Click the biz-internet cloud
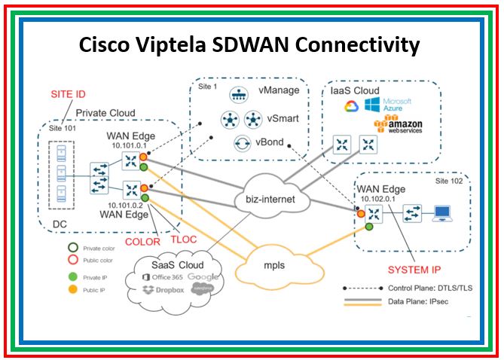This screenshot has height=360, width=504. tap(270, 200)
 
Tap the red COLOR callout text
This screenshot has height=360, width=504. tap(144, 241)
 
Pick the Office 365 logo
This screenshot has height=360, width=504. tap(160, 276)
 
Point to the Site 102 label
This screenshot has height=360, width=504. tap(445, 184)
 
